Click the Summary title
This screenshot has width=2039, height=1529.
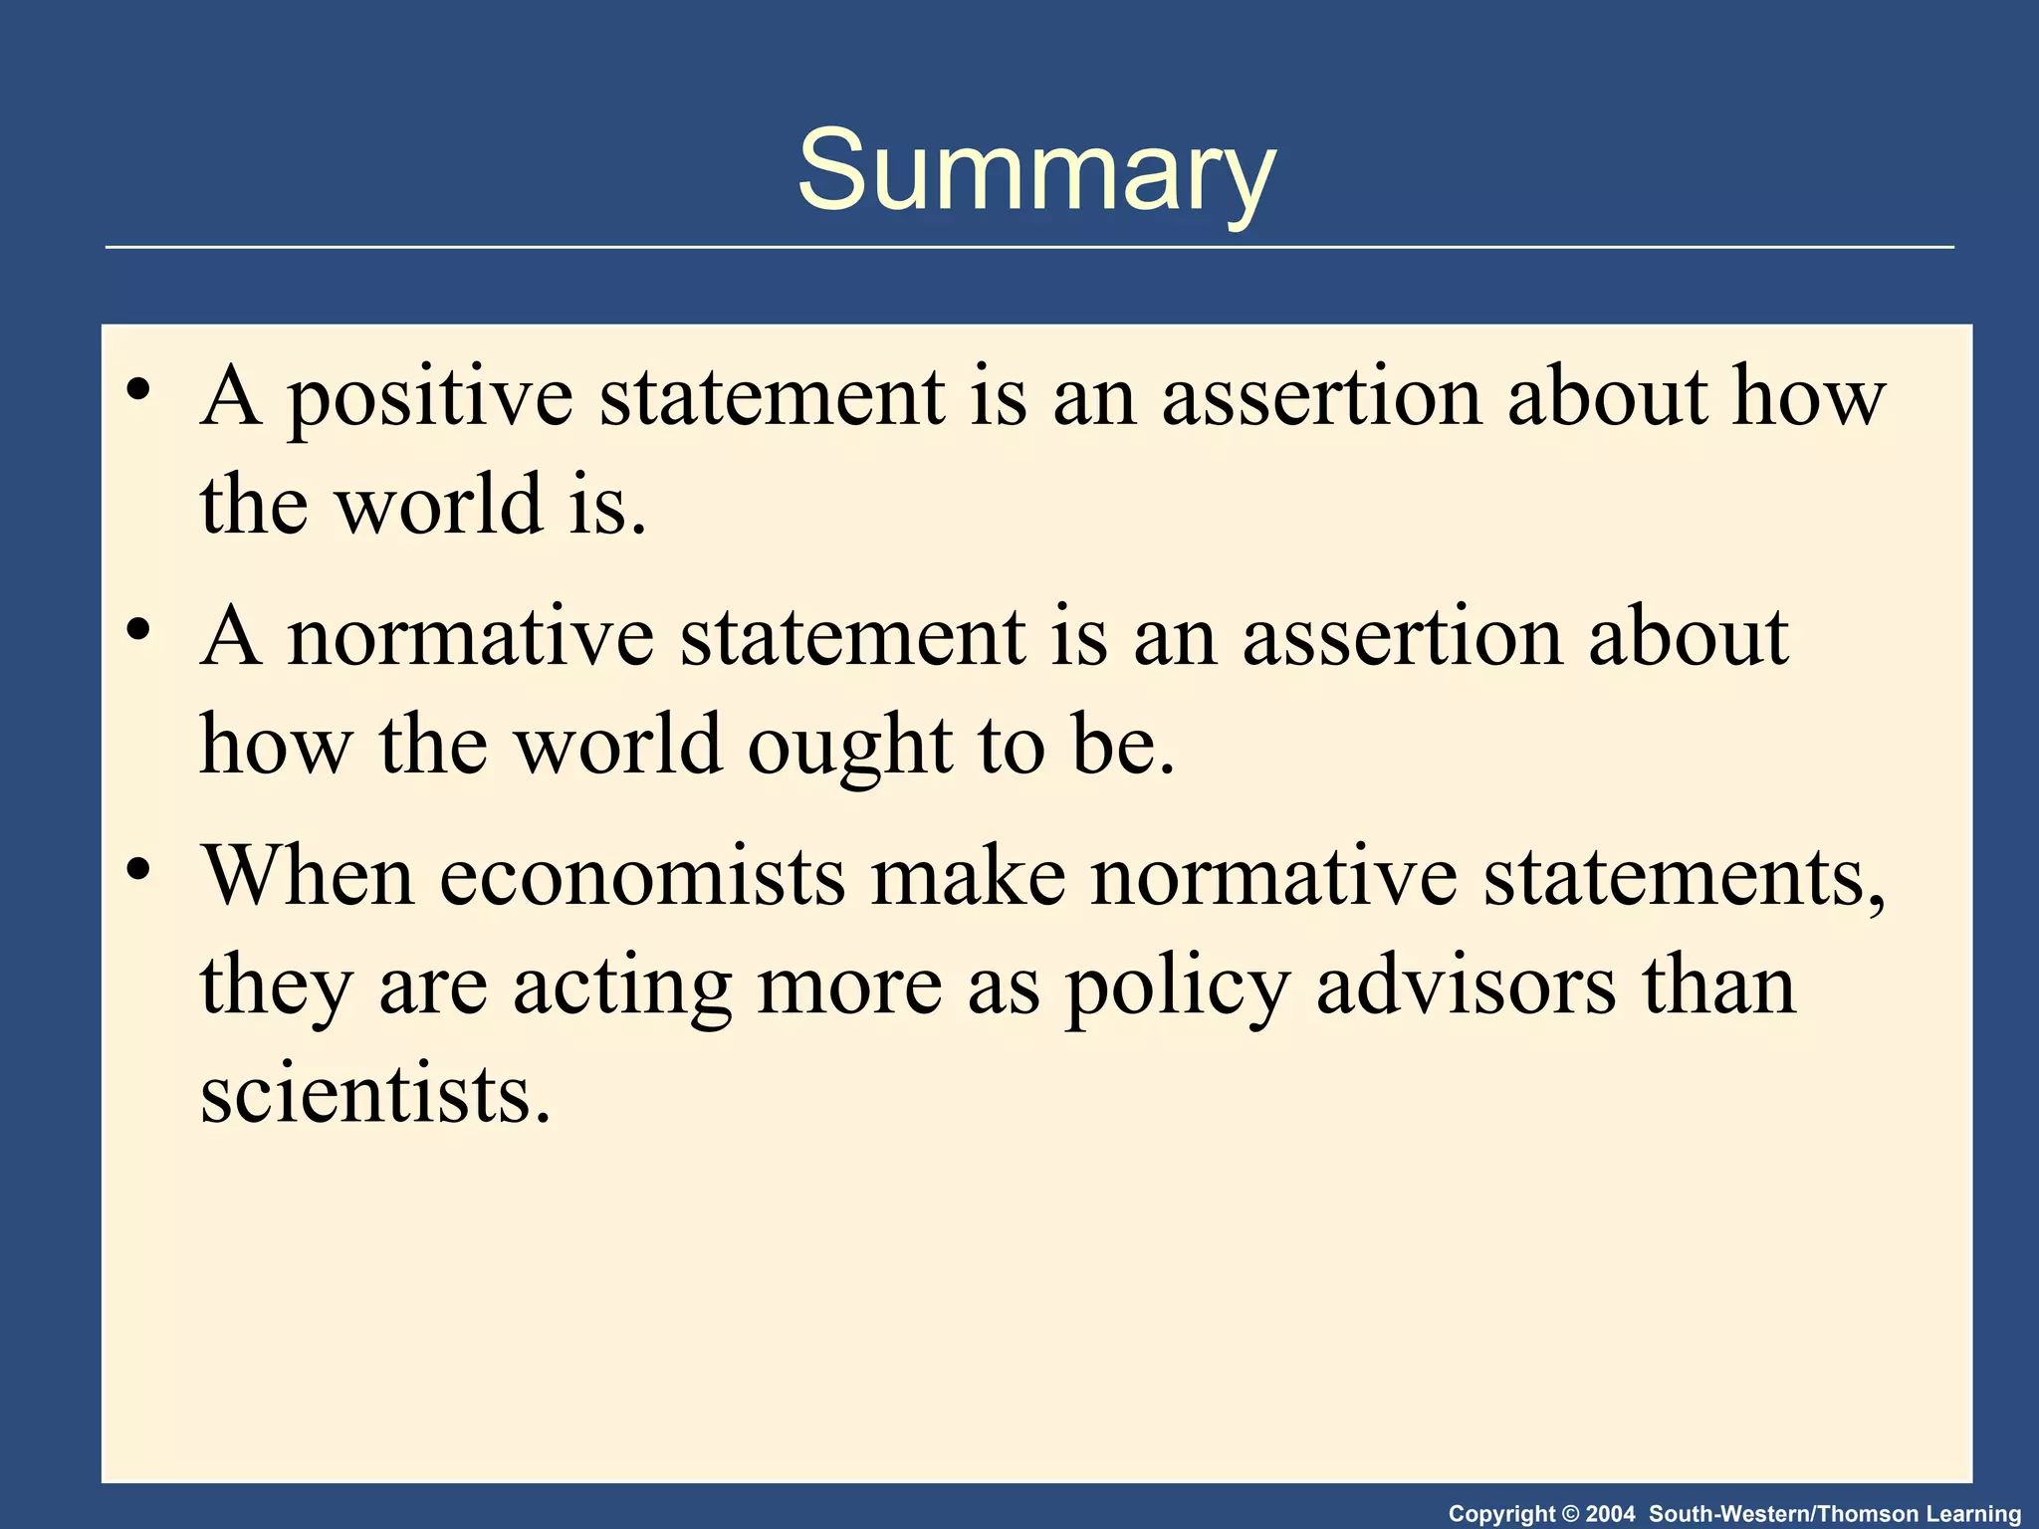1035,171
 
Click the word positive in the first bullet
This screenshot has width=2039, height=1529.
430,398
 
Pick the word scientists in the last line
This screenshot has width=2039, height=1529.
375,1095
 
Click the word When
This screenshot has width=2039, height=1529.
309,876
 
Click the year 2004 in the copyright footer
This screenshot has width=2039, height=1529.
1610,1514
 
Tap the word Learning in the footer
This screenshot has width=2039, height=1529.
1973,1514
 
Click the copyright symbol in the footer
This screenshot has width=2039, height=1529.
1571,1514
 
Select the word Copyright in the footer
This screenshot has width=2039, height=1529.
1501,1514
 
